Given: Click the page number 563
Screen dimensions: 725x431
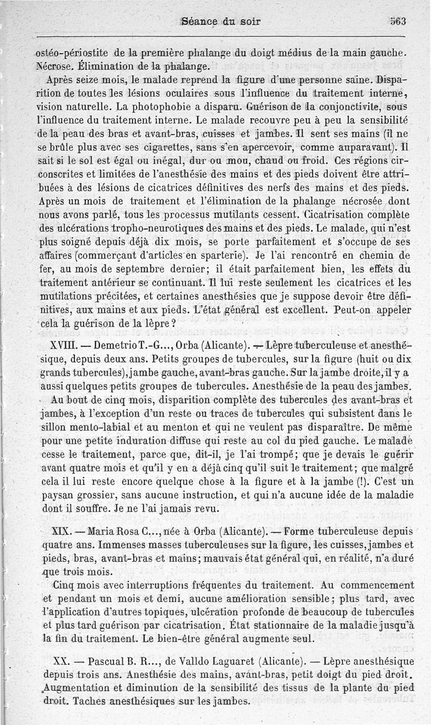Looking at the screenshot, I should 398,22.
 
